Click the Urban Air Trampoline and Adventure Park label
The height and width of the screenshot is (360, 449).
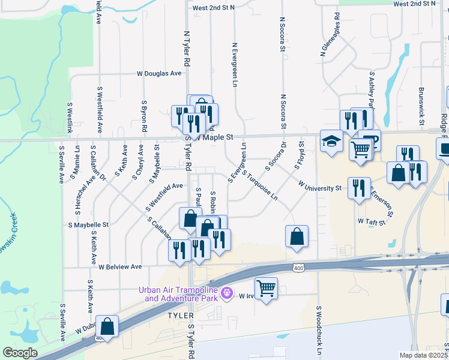click(179, 294)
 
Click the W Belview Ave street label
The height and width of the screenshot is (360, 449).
click(120, 266)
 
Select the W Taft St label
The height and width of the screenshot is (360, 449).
click(371, 221)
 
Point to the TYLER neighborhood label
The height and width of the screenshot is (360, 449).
click(180, 316)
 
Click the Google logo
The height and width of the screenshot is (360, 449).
click(19, 353)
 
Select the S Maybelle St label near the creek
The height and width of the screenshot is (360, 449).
click(88, 225)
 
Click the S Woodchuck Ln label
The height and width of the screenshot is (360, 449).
click(320, 331)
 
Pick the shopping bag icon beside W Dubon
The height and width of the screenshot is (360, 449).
click(107, 326)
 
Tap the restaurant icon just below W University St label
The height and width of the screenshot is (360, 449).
click(359, 188)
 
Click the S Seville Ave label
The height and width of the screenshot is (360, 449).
click(63, 323)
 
